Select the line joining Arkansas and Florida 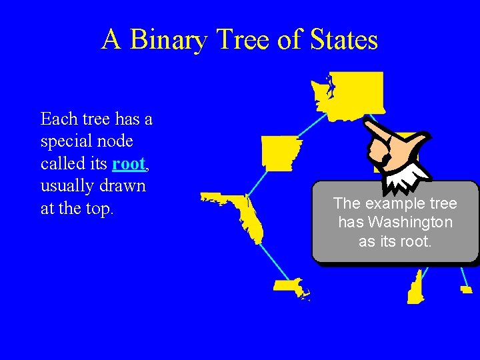257,181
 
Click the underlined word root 129,163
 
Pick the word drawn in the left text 123,186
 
